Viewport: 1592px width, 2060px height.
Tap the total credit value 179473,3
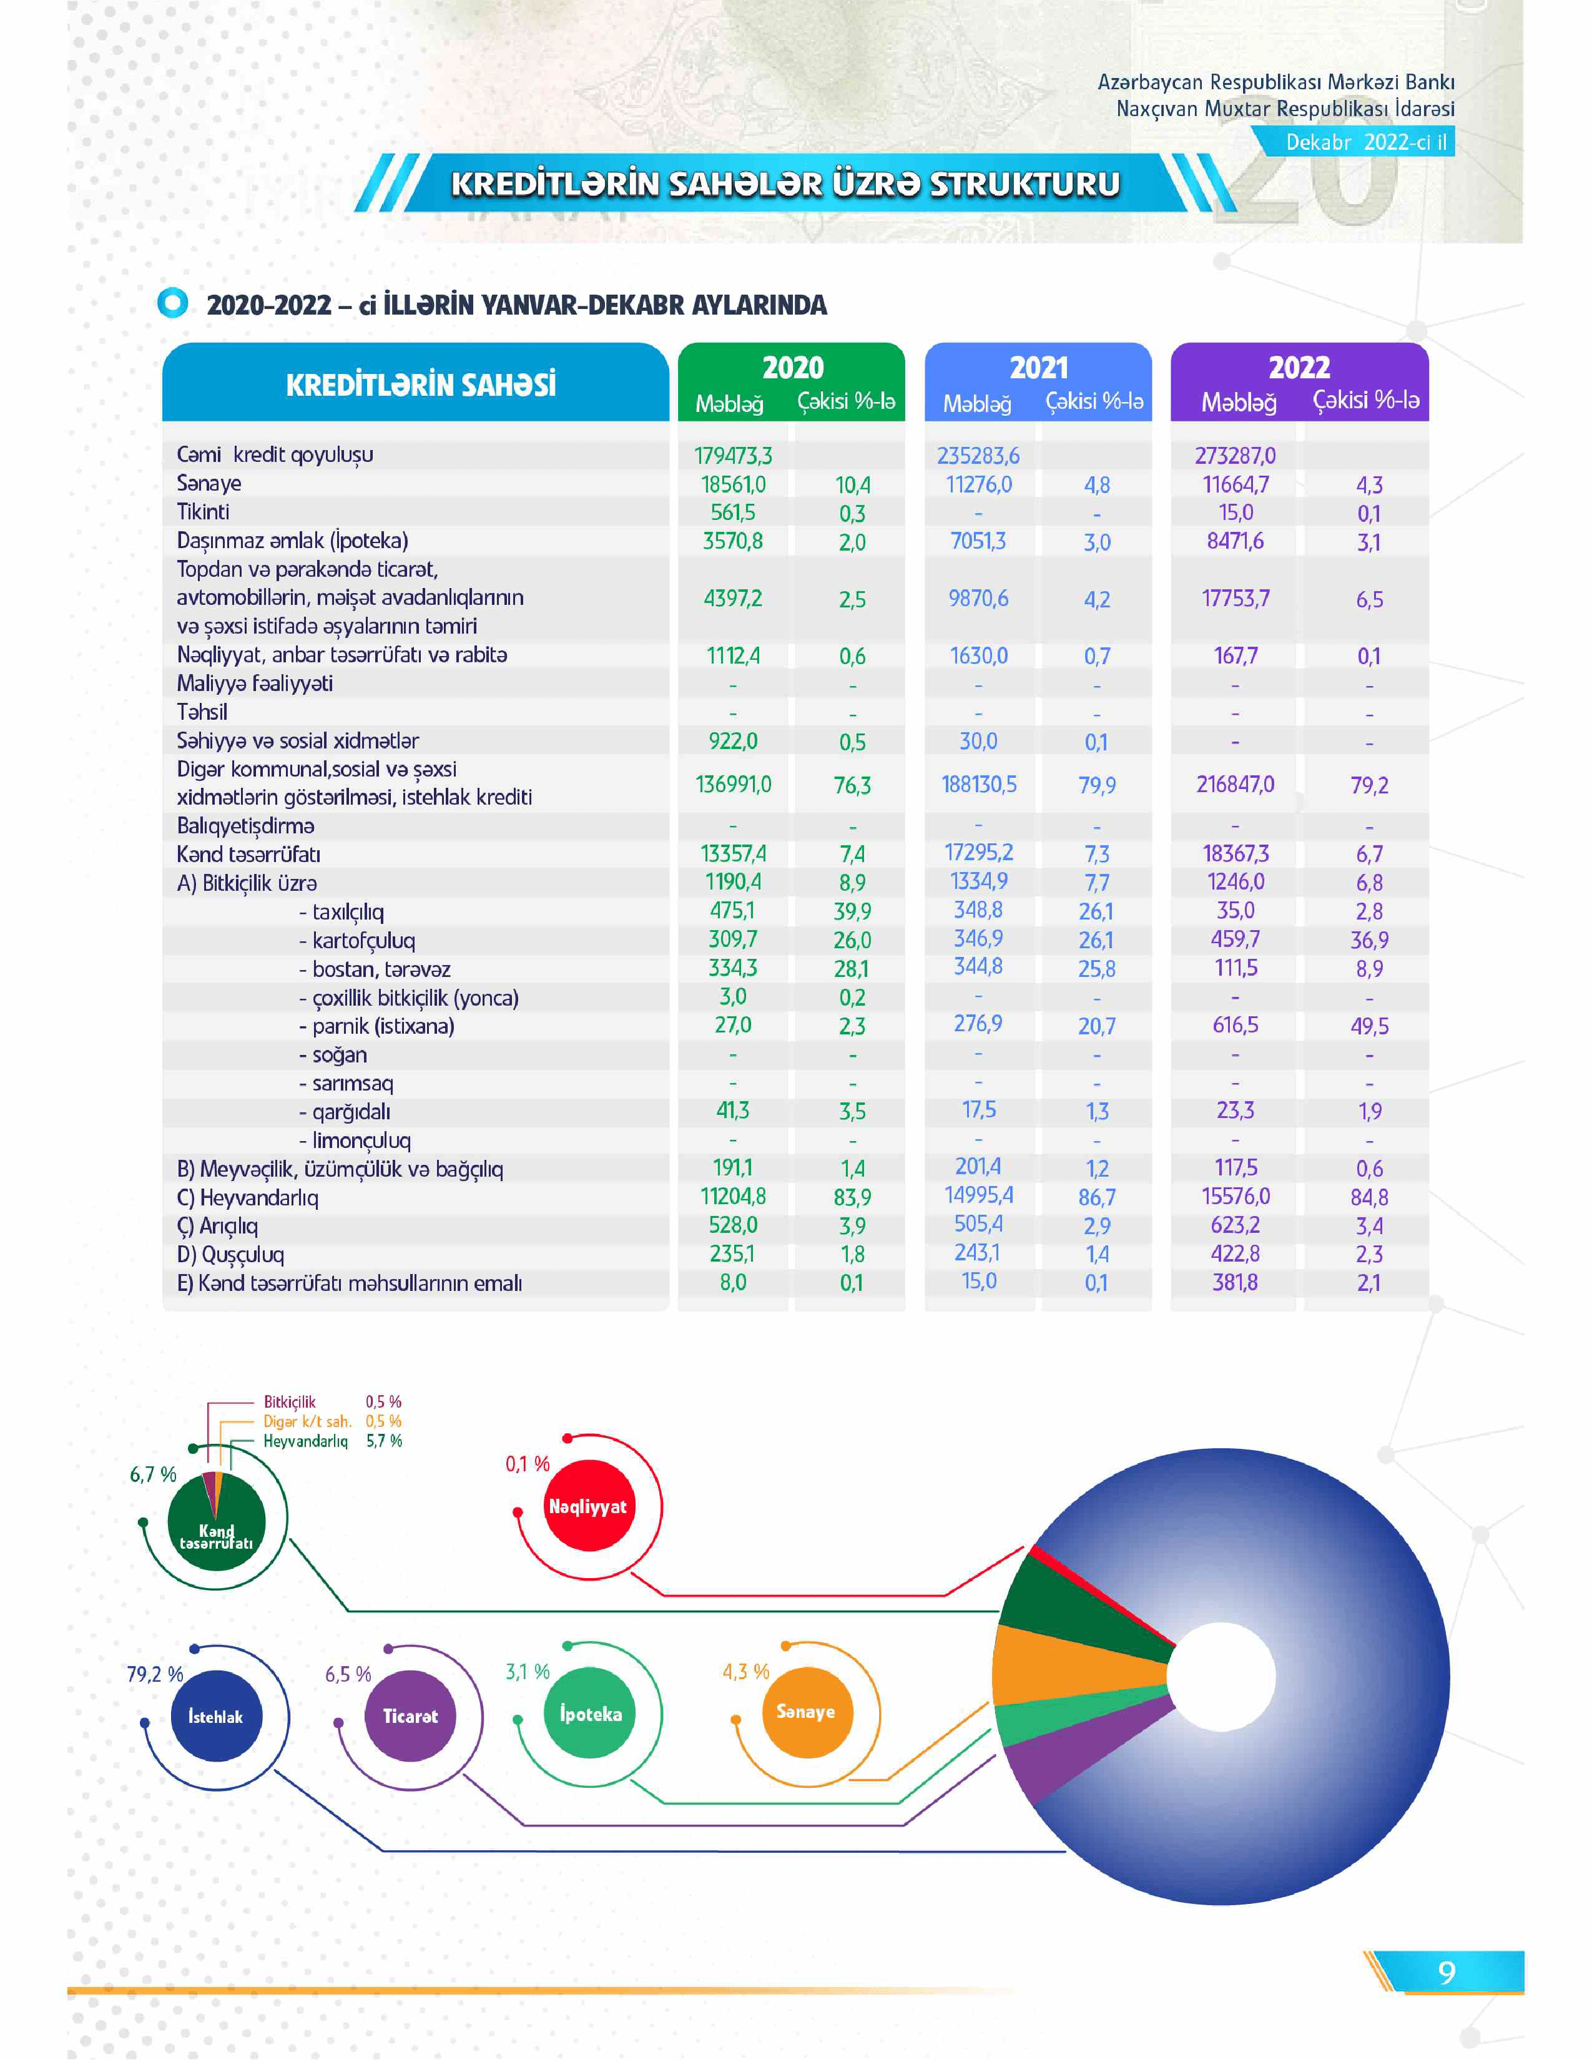(x=733, y=456)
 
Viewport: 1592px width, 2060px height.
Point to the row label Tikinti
(x=203, y=512)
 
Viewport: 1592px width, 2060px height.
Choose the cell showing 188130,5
(x=978, y=785)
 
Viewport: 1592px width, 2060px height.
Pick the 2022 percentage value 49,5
(x=1368, y=1026)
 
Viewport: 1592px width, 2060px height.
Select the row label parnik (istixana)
(x=382, y=1026)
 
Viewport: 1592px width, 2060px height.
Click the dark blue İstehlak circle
(x=216, y=1717)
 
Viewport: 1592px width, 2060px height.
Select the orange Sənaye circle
(x=805, y=1712)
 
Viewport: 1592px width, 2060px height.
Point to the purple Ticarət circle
(x=410, y=1717)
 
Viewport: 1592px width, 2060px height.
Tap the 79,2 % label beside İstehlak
(x=155, y=1674)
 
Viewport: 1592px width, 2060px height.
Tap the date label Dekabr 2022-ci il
(x=1365, y=142)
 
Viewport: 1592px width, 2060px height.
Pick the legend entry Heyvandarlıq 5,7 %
(x=332, y=1441)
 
